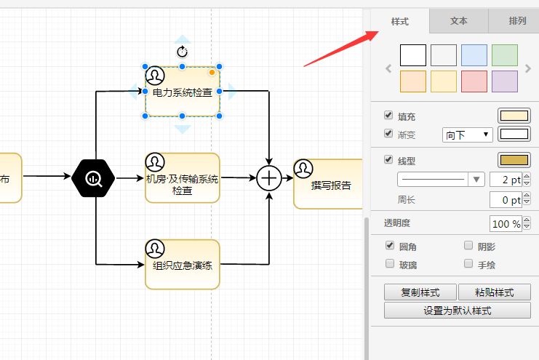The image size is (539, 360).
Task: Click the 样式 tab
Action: coord(399,21)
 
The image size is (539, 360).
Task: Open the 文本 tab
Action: coord(458,21)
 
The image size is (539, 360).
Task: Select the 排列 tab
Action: coord(517,21)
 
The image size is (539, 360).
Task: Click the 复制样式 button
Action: coord(420,292)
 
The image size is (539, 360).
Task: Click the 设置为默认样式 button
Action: coord(457,311)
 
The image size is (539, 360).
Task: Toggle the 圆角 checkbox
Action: coord(389,246)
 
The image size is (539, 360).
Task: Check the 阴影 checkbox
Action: coord(468,246)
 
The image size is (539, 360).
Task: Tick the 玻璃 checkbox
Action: coord(389,265)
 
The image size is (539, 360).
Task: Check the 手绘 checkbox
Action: coord(468,265)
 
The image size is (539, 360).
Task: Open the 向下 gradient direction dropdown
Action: coord(467,135)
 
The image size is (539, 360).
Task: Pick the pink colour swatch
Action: coord(474,81)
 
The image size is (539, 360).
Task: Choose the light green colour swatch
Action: coord(505,55)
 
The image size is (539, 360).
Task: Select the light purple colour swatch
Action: coord(505,81)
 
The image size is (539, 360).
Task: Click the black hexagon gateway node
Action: coord(94,177)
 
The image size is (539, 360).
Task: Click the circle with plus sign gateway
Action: coord(269,177)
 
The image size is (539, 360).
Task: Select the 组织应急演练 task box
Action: coord(182,265)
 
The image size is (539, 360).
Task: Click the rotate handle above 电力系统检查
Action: coord(183,52)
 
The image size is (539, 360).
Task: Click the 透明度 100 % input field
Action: coord(506,223)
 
